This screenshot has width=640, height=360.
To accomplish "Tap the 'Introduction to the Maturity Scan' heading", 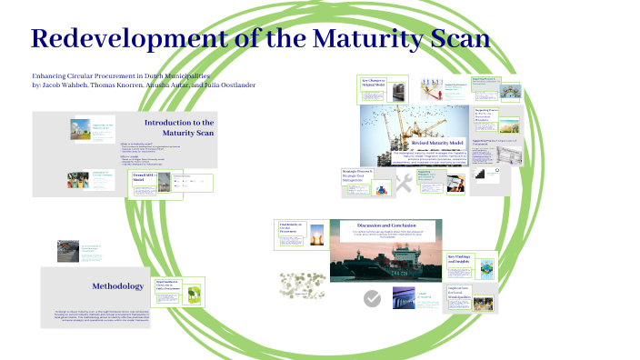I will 179,127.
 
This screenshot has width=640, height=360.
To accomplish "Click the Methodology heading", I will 117,286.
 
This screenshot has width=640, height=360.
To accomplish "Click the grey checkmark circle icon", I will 372,298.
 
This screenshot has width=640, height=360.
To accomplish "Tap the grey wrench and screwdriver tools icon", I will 404,184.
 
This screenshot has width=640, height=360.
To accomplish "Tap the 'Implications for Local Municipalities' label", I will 460,291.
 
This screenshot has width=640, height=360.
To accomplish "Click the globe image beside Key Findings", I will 487,267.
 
